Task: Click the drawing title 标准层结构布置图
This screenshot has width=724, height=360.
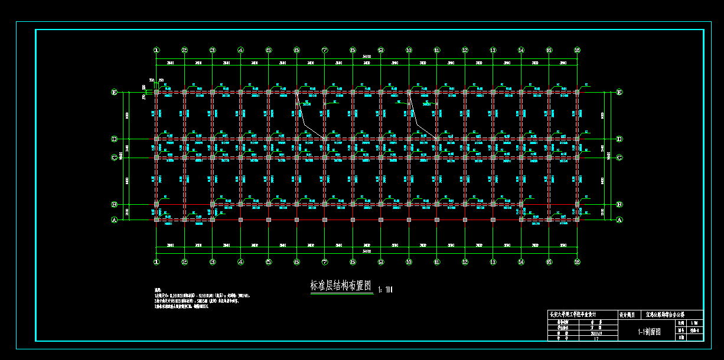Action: pyautogui.click(x=341, y=286)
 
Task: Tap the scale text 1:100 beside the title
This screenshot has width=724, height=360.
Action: pyautogui.click(x=384, y=289)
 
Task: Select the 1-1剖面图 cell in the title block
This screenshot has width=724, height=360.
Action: pyautogui.click(x=648, y=332)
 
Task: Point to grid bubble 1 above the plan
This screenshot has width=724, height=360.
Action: pyautogui.click(x=156, y=50)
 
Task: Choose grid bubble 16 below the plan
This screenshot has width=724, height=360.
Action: pyautogui.click(x=577, y=261)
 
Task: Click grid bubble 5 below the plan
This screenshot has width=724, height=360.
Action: pyautogui.click(x=268, y=261)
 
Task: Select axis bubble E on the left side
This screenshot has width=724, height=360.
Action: pyautogui.click(x=115, y=92)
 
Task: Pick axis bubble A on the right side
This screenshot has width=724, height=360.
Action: pyautogui.click(x=619, y=220)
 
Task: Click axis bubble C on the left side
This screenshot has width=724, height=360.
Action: pyautogui.click(x=115, y=158)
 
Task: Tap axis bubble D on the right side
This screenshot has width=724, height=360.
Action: pyautogui.click(x=619, y=139)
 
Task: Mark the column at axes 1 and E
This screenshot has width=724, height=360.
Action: pyautogui.click(x=156, y=92)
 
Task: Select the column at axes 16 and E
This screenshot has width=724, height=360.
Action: pyautogui.click(x=577, y=92)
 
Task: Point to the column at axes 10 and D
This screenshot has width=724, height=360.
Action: pyautogui.click(x=409, y=139)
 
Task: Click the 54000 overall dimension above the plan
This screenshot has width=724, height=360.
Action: pyautogui.click(x=367, y=57)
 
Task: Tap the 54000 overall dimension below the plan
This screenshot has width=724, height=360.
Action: pyautogui.click(x=367, y=251)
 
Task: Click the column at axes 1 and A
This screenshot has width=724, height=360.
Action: pyautogui.click(x=156, y=220)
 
